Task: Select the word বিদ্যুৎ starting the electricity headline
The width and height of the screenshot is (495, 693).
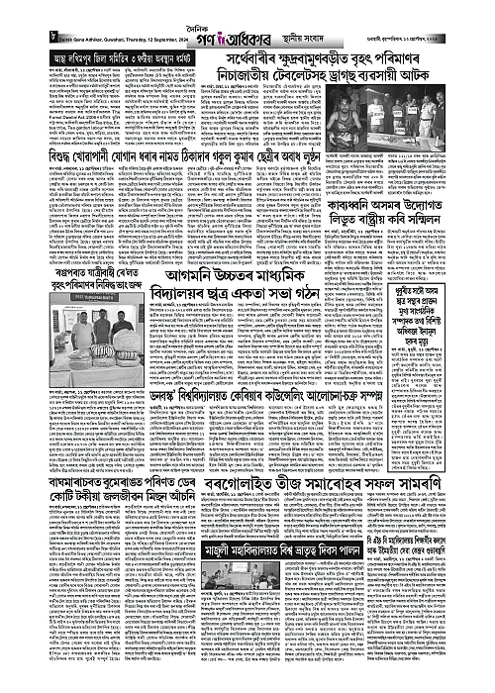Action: [25, 210]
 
